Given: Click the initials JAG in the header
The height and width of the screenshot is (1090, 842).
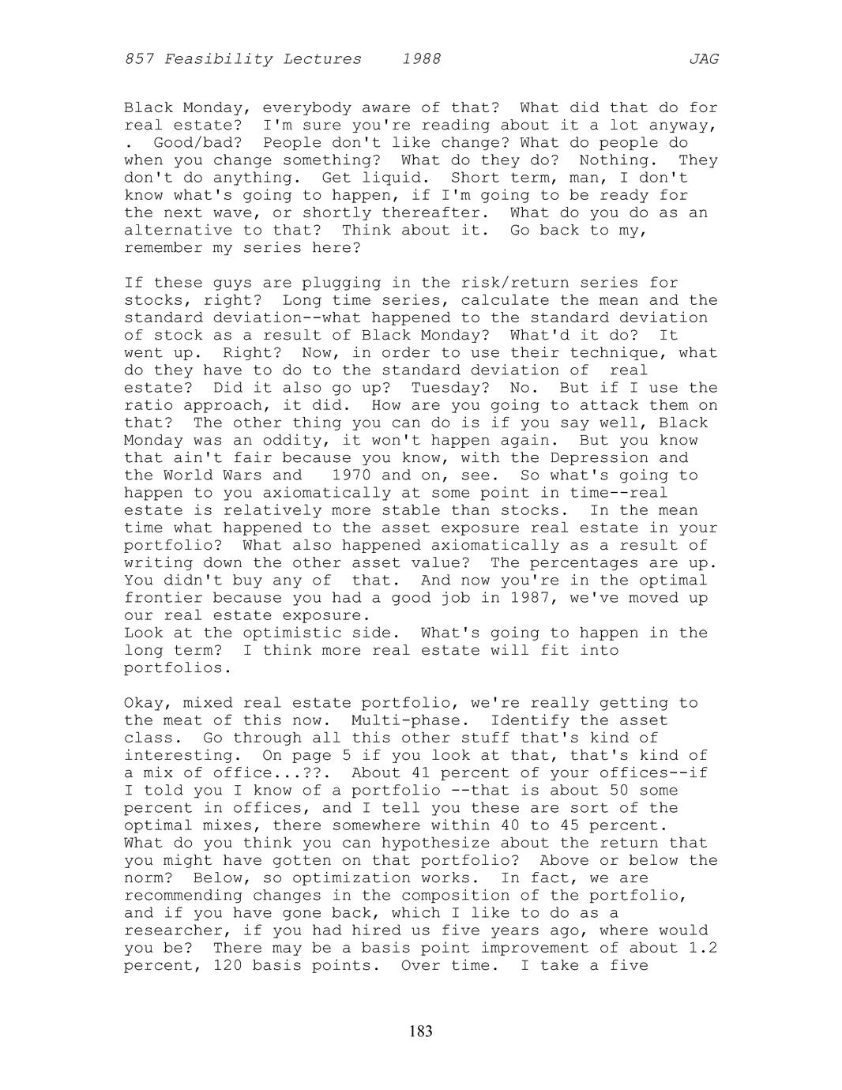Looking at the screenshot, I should pyautogui.click(x=703, y=59).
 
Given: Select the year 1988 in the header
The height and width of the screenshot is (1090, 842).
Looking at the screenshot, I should pyautogui.click(x=421, y=59).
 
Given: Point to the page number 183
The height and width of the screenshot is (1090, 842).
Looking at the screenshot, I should pyautogui.click(x=421, y=1031).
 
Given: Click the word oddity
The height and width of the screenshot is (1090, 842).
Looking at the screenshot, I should pyautogui.click(x=262, y=441).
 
